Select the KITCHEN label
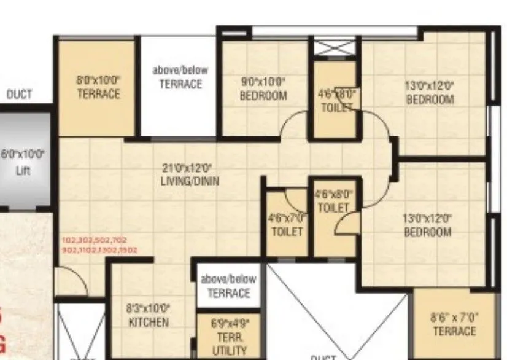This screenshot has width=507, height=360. (149, 322)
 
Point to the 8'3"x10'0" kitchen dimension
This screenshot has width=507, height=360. (149, 309)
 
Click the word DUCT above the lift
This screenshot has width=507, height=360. (19, 95)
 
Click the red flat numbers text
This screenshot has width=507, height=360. (99, 245)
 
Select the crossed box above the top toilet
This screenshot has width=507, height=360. (335, 47)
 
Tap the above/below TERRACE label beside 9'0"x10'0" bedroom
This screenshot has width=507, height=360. (180, 77)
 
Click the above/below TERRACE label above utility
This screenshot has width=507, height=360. (229, 286)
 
